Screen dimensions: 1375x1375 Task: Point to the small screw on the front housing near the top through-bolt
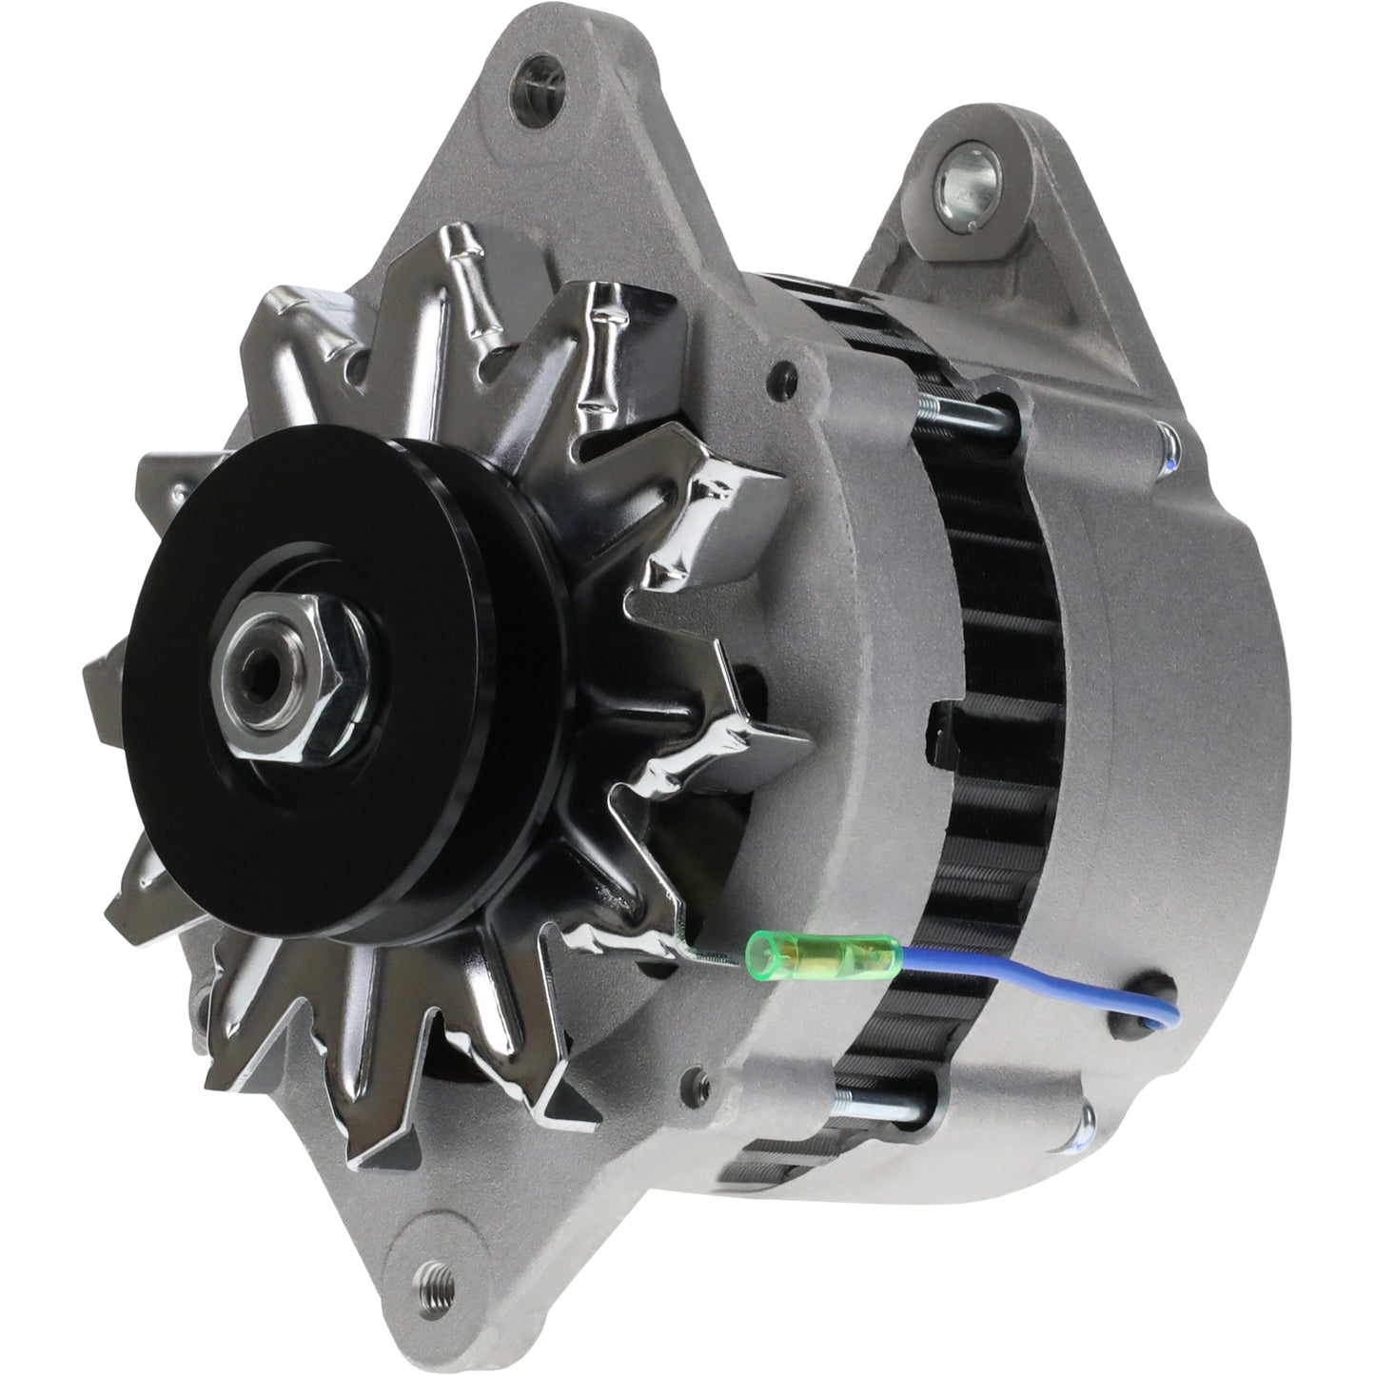784,368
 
